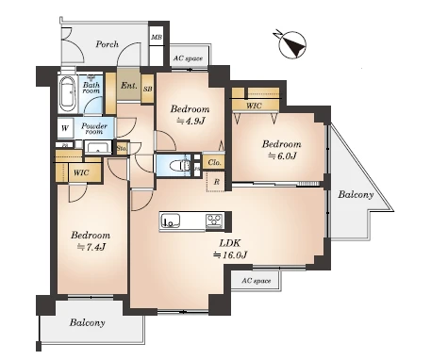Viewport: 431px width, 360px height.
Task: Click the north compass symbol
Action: (291, 44)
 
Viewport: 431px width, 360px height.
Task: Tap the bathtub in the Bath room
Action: (68, 92)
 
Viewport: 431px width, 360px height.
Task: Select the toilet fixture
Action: (179, 165)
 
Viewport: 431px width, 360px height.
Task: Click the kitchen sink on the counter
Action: (171, 221)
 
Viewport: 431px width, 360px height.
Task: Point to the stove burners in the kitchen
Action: (215, 221)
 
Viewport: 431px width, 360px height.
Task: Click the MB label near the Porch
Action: (157, 38)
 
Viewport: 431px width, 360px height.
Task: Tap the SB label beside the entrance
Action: (148, 89)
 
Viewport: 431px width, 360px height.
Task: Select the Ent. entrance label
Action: (129, 85)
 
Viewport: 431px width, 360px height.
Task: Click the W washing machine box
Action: (65, 128)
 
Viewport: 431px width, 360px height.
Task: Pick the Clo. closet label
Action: (214, 163)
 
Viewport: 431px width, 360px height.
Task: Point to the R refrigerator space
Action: (217, 182)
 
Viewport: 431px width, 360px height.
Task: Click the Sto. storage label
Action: (122, 148)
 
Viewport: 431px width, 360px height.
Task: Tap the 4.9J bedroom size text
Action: (191, 121)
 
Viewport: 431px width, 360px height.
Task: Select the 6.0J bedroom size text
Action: (282, 155)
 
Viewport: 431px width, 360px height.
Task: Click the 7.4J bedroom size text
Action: (91, 247)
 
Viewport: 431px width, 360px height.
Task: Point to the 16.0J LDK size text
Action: (230, 254)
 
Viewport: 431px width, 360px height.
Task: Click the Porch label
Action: (108, 44)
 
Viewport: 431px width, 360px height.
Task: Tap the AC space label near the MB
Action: (188, 58)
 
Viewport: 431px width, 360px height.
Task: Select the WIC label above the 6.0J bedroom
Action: (254, 106)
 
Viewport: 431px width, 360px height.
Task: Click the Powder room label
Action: (94, 128)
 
